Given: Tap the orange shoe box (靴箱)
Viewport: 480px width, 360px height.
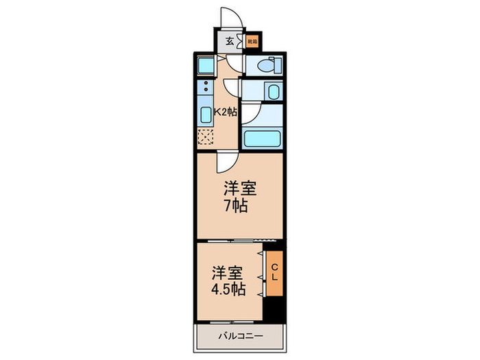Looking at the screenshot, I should (252, 41).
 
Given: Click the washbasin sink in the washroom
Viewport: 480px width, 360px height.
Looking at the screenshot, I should (272, 92).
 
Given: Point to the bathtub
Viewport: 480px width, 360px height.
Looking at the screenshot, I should (263, 137).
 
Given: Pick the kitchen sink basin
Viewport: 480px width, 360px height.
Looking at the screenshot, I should (205, 115).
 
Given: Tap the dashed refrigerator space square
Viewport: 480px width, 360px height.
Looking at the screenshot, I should (205, 136).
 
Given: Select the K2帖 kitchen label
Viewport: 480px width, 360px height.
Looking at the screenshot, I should (226, 112).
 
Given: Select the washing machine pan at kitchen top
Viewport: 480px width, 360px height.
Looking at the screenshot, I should (206, 66).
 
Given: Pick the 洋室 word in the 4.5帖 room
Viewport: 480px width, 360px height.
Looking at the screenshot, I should (226, 270).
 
